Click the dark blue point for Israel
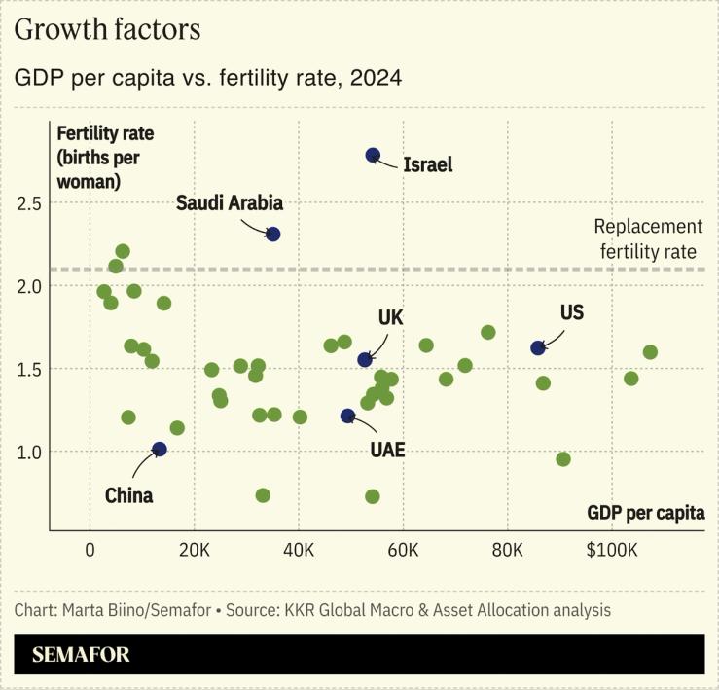(373, 155)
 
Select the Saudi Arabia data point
(273, 234)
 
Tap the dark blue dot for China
(160, 449)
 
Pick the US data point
(538, 347)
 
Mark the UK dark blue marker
(365, 360)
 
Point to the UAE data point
(347, 416)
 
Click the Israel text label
(428, 164)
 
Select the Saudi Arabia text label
(230, 202)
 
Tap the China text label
(128, 495)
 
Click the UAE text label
(387, 450)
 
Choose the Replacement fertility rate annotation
(648, 239)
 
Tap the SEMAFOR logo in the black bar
(81, 654)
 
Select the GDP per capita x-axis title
(646, 513)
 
